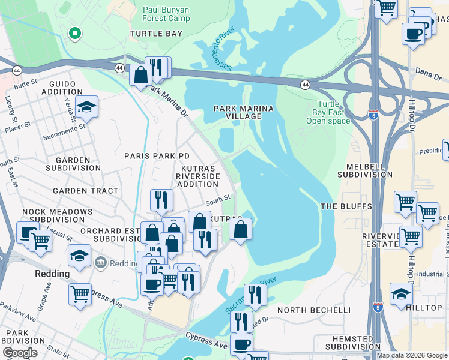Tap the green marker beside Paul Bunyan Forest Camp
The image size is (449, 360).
tap(75, 34)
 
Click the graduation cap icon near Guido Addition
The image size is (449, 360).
tap(87, 109)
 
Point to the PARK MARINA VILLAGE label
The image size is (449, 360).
tap(244, 113)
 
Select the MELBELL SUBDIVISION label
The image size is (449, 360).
tap(365, 170)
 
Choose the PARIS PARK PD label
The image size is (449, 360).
tap(157, 156)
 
